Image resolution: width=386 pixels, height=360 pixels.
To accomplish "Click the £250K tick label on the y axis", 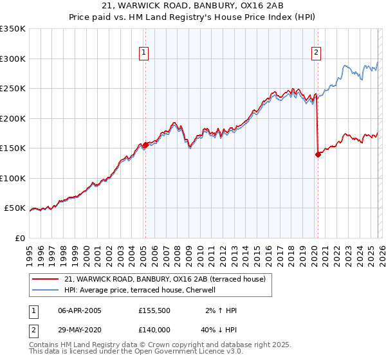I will click(x=12, y=88).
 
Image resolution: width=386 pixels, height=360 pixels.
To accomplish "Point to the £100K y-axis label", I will click(x=12, y=178).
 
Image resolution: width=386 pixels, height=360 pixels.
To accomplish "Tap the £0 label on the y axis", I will click(x=20, y=238).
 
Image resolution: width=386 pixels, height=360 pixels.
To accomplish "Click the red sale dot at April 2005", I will click(x=145, y=145).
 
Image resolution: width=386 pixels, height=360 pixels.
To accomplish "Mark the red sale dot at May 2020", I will click(x=318, y=154).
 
